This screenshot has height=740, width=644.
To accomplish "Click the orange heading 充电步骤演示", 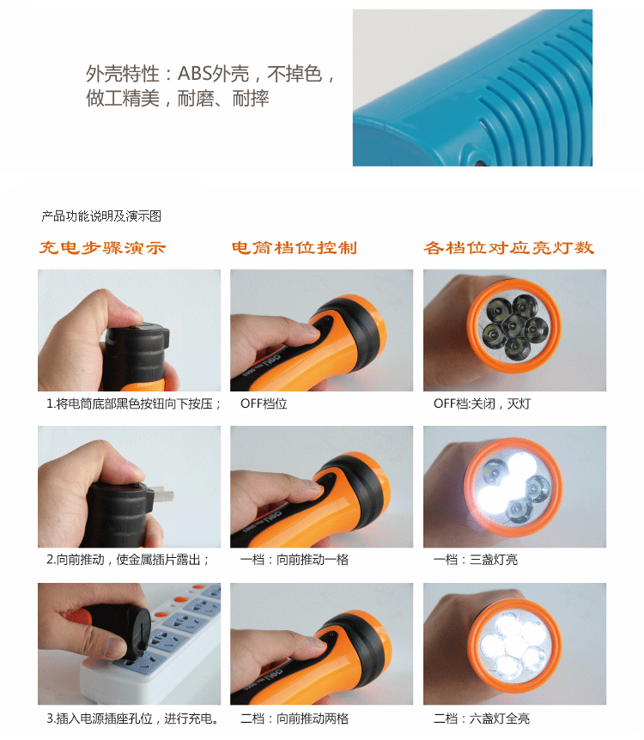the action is pyautogui.click(x=102, y=248).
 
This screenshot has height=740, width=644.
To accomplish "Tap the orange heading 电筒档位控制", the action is pyautogui.click(x=295, y=248).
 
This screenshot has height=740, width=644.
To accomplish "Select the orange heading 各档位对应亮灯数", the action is pyautogui.click(x=509, y=248).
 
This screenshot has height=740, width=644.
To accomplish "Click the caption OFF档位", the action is pyautogui.click(x=264, y=404).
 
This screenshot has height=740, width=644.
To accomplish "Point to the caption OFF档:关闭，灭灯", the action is pyautogui.click(x=482, y=404).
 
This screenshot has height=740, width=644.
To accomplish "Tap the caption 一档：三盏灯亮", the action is pyautogui.click(x=476, y=560).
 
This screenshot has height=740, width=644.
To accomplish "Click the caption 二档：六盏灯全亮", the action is pyautogui.click(x=482, y=719).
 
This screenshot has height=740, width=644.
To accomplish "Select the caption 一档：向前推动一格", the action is pyautogui.click(x=295, y=560).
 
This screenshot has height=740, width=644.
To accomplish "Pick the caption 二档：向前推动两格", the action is pyautogui.click(x=295, y=719).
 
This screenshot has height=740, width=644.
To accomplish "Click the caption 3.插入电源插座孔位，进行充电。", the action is pyautogui.click(x=133, y=719).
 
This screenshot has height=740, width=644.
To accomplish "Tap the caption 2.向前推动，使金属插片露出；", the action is pyautogui.click(x=128, y=560).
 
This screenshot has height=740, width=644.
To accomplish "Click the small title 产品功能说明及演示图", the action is pyautogui.click(x=101, y=216).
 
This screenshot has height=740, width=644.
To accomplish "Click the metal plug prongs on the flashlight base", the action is pyautogui.click(x=162, y=496).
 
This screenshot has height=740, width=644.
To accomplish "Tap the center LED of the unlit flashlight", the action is pyautogui.click(x=513, y=325).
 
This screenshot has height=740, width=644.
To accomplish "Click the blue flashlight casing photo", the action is pyautogui.click(x=472, y=88).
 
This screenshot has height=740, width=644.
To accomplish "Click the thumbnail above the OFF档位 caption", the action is pyautogui.click(x=321, y=331).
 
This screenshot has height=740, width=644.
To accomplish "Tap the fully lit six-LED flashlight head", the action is pyautogui.click(x=514, y=646).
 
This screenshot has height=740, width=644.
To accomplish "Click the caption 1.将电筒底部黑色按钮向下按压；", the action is pyautogui.click(x=134, y=404).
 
